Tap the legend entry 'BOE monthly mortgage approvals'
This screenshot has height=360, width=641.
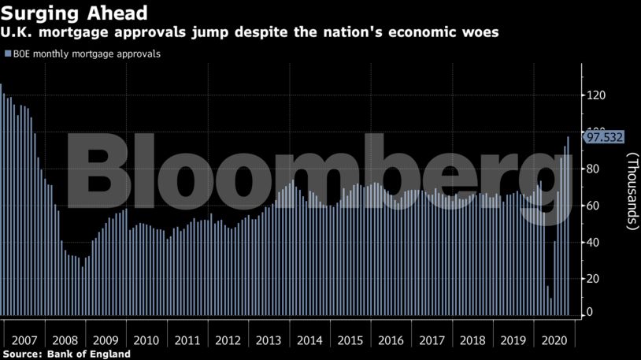(87, 54)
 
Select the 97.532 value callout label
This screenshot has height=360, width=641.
(603, 137)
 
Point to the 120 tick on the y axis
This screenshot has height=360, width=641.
(595, 95)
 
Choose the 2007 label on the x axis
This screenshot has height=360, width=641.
(24, 341)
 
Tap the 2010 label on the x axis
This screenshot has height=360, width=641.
(146, 341)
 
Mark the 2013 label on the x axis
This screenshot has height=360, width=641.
(269, 341)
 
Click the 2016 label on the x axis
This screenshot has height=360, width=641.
(391, 341)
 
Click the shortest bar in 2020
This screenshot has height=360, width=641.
(551, 307)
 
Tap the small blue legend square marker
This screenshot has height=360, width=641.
(8, 54)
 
